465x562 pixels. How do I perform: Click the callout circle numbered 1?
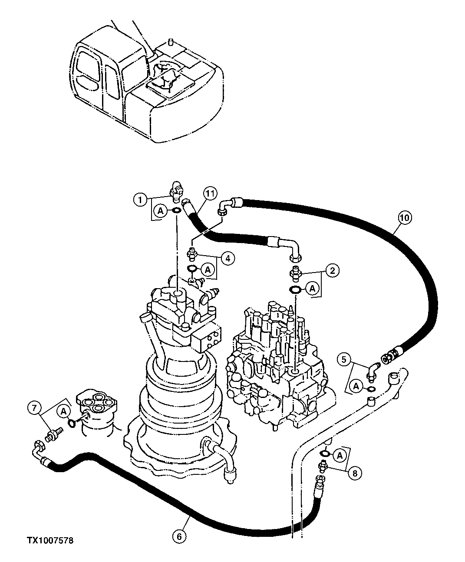pos(139,200)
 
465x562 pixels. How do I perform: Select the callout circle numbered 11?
pos(209,194)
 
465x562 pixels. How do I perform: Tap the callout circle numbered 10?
pos(403,218)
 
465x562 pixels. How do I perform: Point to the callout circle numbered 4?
pos(227,258)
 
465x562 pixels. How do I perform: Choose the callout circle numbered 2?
pos(332,271)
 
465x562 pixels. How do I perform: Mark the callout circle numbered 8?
pos(355,473)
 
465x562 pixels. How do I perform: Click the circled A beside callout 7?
pos(64,411)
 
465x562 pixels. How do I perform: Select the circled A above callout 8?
pos(340,455)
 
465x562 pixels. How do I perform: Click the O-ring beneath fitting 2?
pos(295,290)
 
